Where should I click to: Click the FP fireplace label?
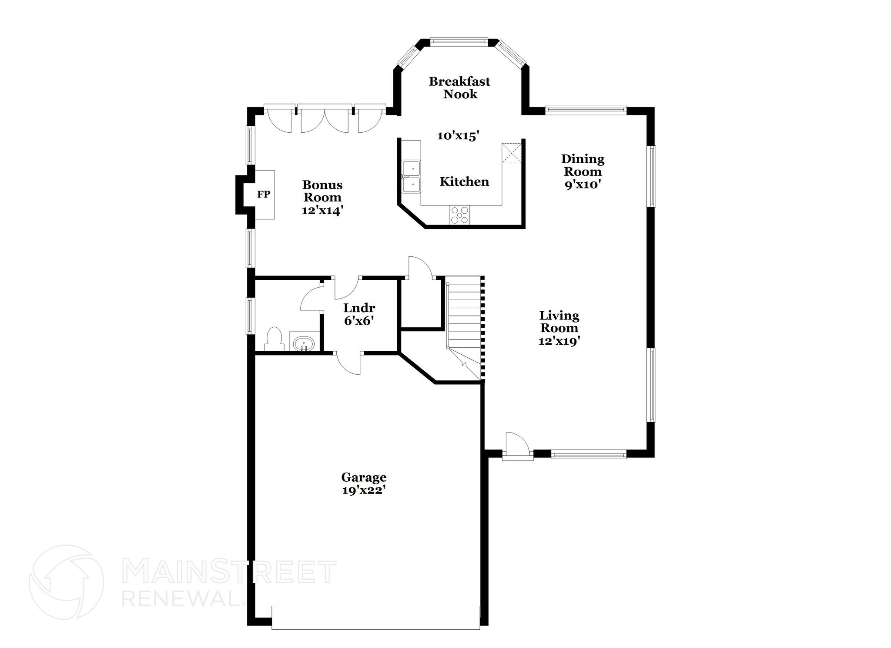[x=263, y=195]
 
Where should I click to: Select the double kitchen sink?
[x=411, y=176]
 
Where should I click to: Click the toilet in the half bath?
[x=274, y=339]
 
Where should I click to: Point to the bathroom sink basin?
[x=304, y=343]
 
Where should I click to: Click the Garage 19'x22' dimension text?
[x=364, y=490]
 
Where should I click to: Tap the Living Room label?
[x=559, y=322]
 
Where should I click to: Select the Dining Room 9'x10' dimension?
[x=583, y=184]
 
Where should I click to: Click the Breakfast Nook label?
[x=459, y=87]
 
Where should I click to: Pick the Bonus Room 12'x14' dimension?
[x=322, y=210]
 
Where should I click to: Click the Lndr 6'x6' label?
[x=359, y=314]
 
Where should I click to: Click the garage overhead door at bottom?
[x=375, y=617]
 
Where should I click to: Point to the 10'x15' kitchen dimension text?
[x=458, y=136]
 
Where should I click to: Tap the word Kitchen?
[x=464, y=181]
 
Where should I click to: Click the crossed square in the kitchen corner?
[x=511, y=153]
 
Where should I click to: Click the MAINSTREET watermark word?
[x=229, y=572]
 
